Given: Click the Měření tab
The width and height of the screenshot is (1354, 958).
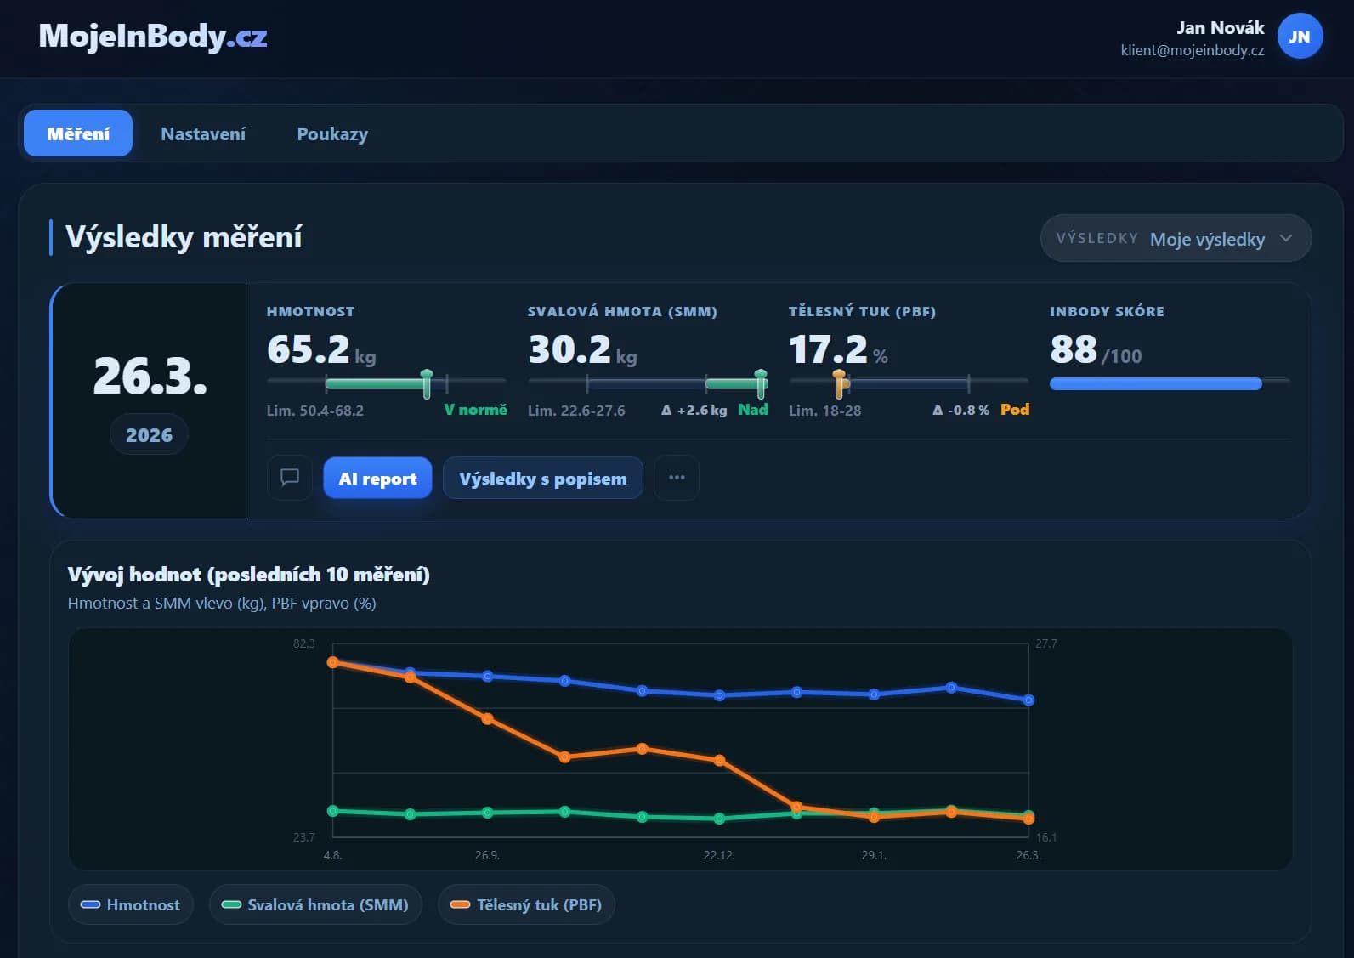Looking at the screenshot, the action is [78, 133].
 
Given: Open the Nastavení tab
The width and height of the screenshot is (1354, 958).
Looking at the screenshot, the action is [203, 133].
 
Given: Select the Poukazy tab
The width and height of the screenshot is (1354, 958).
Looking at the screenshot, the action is [332, 133].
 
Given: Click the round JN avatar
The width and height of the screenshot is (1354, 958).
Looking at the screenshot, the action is [1299, 37].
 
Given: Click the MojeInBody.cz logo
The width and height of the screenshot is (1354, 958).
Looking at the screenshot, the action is [153, 37].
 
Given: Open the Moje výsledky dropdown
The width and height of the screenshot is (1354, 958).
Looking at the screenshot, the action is [1175, 238].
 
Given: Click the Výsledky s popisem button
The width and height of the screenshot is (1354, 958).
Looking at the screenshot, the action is [543, 478].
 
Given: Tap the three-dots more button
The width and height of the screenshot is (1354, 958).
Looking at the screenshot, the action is [677, 478].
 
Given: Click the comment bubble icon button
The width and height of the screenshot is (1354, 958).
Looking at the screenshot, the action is [290, 478].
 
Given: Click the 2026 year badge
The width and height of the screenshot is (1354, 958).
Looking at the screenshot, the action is [150, 434].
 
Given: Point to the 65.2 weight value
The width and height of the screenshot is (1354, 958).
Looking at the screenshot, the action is [309, 349].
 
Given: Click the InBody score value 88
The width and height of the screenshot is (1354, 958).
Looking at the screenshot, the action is [1074, 349].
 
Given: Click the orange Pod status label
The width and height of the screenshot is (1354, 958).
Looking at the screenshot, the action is [1015, 409].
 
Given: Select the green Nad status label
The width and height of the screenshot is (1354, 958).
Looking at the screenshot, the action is [753, 409].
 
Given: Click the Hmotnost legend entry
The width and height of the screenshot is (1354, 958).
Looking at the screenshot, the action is [131, 904].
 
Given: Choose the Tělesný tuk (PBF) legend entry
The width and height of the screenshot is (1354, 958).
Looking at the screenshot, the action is [526, 904].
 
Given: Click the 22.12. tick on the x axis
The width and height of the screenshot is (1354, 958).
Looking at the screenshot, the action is [719, 855].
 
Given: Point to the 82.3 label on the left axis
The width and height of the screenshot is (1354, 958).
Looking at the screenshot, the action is [304, 643].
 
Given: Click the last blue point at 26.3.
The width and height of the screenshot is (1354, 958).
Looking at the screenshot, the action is [1028, 700].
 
